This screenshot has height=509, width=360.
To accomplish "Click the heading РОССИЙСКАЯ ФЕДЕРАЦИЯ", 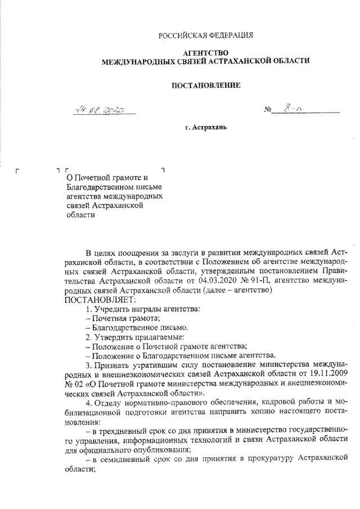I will click(206, 35).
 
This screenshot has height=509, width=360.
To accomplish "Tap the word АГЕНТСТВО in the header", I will click(206, 52).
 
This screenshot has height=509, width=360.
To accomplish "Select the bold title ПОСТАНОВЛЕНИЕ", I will click(205, 85).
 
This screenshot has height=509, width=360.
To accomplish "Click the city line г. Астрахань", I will click(205, 128).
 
